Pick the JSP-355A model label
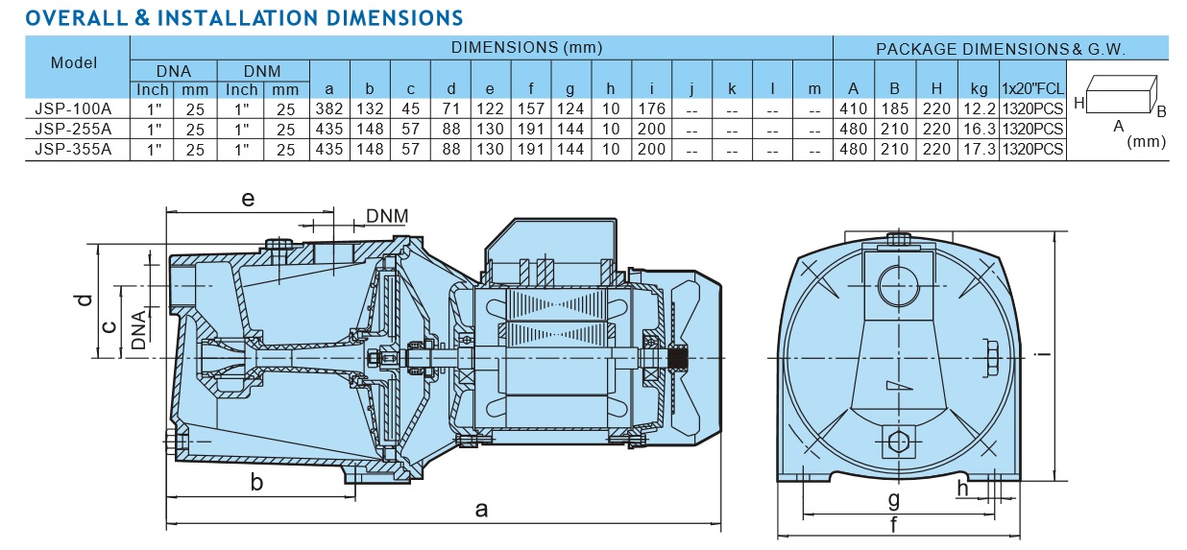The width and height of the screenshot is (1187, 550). coord(73,149)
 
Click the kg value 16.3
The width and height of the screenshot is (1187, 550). coord(979,129)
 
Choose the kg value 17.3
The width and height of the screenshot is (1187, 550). coord(979,149)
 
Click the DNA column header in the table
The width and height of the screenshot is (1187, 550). coord(174,71)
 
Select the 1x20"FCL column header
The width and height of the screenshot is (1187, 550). coord(1031,89)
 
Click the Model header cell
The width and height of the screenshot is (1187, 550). coord(74,62)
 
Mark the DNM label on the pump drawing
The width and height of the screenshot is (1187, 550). coord(386,216)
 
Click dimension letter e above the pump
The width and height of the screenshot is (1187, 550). coord(248,199)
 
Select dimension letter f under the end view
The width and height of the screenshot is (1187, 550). coord(894,524)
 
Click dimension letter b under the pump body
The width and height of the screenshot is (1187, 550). coord(256,482)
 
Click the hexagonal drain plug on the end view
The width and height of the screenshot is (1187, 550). coord(897,442)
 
